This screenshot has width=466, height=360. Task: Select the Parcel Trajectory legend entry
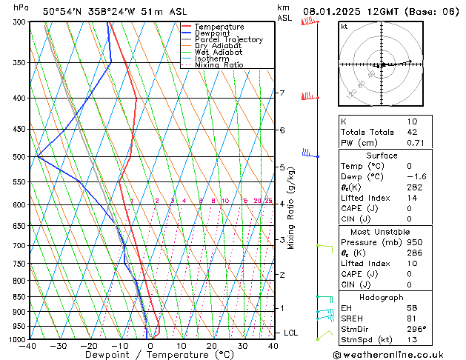coord(228,39)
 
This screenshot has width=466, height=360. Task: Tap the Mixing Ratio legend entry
coord(219,65)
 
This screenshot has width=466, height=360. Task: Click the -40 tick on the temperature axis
coord(29,346)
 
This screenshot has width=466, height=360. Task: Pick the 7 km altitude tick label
coord(282,93)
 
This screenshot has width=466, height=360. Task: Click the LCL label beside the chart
coord(290,333)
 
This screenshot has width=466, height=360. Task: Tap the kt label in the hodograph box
coord(344,26)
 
